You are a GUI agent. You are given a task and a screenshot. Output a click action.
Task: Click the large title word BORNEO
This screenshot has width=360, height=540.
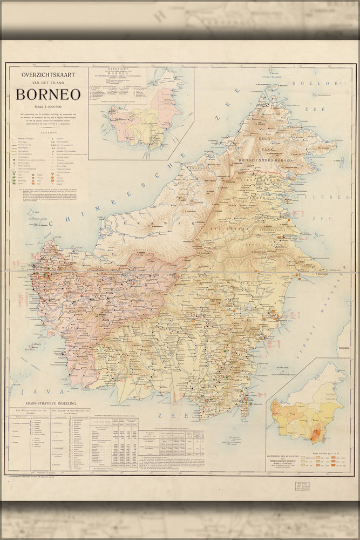coord(48,94)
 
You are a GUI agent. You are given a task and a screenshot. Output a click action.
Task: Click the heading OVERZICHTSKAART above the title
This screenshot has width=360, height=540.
coord(48,75)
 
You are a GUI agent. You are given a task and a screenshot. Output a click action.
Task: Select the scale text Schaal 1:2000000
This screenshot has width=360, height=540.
coord(48,108)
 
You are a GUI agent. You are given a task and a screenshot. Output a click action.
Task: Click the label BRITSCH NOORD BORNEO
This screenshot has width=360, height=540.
coord(270,161)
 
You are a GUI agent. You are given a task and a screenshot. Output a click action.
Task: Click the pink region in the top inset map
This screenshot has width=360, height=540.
coord(165,103)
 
